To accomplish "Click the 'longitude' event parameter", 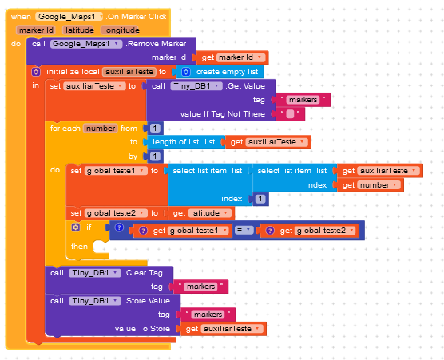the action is (x=121, y=30).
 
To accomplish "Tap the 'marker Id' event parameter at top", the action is (x=36, y=30).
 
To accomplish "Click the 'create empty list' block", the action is (x=220, y=72).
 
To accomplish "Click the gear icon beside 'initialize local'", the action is (x=36, y=72).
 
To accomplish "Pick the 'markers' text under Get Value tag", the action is (x=303, y=100).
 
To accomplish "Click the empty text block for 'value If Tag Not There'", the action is (x=290, y=114).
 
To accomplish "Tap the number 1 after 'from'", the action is (x=155, y=129).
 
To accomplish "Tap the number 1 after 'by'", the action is (x=155, y=156).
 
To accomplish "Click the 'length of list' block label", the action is (x=176, y=142).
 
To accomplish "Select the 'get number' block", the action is (x=370, y=185).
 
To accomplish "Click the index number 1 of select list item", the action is (x=260, y=199).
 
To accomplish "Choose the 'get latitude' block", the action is (x=201, y=213).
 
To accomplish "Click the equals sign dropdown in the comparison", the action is (x=244, y=231).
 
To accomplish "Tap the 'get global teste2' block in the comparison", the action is (x=310, y=231).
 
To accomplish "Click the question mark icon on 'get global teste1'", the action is (x=143, y=231).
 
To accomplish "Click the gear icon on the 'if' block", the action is (x=76, y=227).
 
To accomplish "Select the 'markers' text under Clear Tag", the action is (x=200, y=287).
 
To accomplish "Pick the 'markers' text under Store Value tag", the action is (x=208, y=315).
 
